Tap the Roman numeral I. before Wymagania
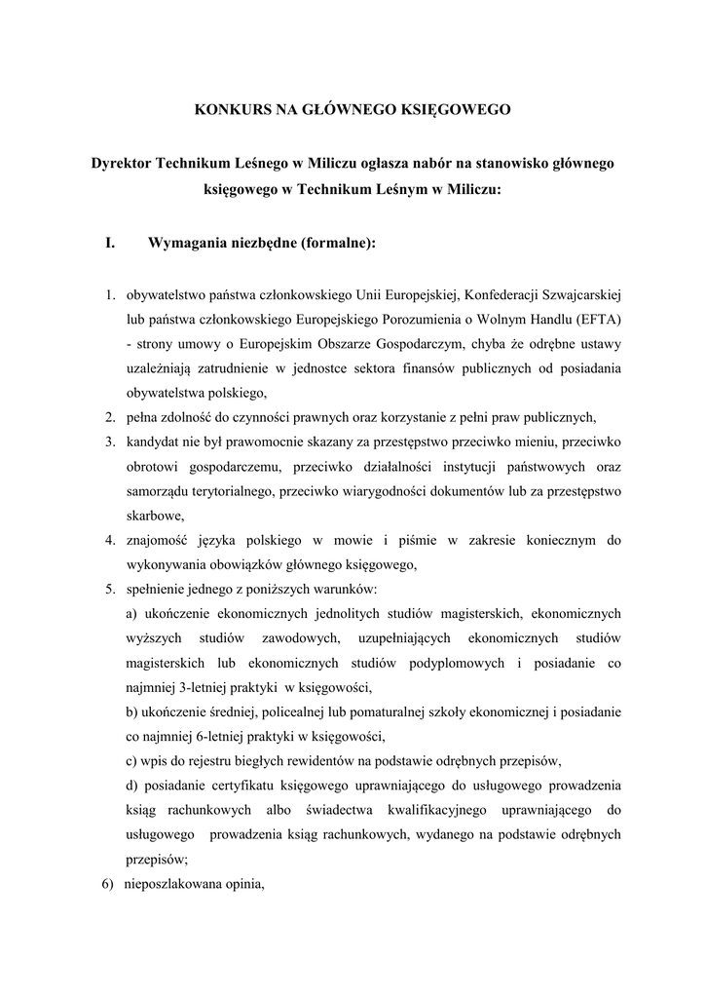pyautogui.click(x=112, y=242)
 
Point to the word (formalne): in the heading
pyautogui.click(x=336, y=242)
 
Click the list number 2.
pyautogui.click(x=111, y=418)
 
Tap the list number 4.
pyautogui.click(x=111, y=539)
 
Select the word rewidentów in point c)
pyautogui.click(x=329, y=760)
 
